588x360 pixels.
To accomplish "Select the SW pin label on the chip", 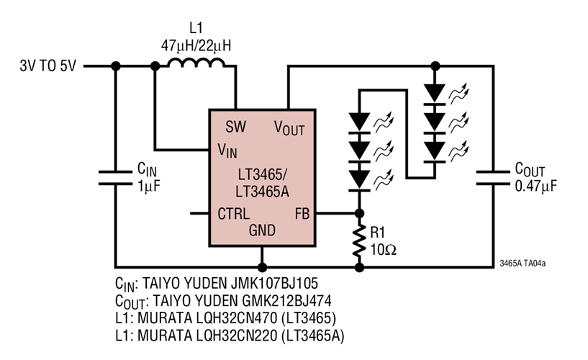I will point(235,127).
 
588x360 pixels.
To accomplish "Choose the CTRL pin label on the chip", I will point(234,214).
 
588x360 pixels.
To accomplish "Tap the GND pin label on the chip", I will point(262,230).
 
